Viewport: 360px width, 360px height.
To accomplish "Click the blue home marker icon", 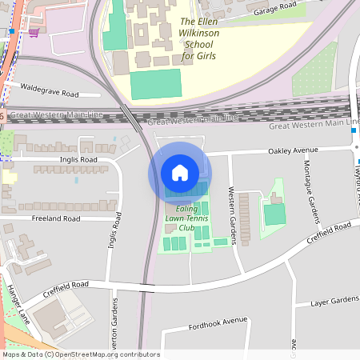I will click(180, 173).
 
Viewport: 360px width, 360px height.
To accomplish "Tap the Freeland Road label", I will click(55, 218).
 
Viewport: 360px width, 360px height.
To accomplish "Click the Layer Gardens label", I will click(334, 301).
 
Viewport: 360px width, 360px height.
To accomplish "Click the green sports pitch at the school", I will click(156, 83).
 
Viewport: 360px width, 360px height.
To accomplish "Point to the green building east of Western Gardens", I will click(275, 214).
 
